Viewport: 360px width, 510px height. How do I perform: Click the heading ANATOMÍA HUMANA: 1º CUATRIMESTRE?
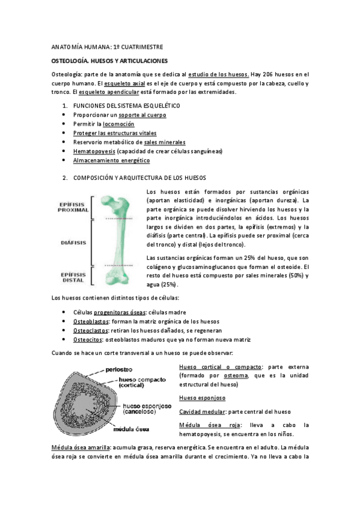coord(106,47)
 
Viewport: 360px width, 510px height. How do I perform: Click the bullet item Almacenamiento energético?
coord(111,161)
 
